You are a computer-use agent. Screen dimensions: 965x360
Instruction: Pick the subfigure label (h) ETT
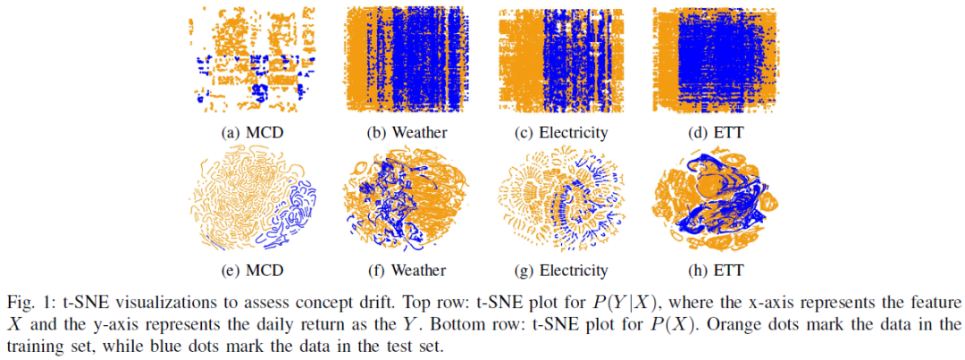[x=715, y=271]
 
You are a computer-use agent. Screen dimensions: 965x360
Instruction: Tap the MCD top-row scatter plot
[x=251, y=60]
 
